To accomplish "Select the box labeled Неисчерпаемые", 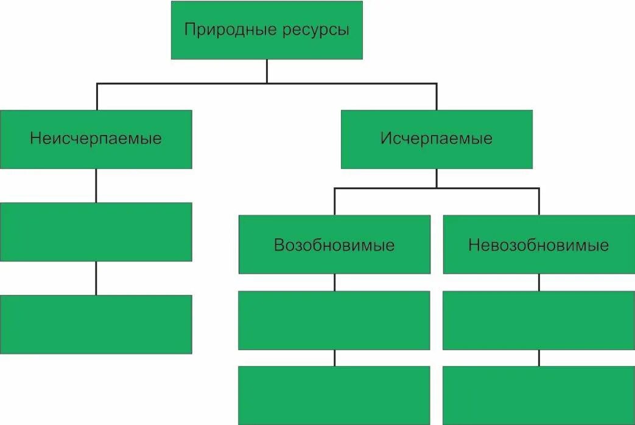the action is tap(96, 139).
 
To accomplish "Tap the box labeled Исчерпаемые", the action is tap(437, 139).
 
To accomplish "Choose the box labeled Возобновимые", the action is tap(334, 245).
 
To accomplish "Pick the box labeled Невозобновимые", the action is tap(539, 245).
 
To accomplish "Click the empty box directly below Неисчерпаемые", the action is tap(96, 232).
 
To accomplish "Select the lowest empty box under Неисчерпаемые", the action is tap(96, 324).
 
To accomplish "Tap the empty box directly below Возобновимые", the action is tap(334, 320).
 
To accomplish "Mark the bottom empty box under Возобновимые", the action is tap(334, 395).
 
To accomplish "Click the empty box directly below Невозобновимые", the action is tap(539, 320).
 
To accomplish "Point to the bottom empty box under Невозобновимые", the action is tap(539, 395).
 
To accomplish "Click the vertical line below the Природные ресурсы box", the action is tap(267, 71).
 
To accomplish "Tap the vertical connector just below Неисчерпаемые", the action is tap(96, 185).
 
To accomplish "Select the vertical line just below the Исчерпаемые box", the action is tap(437, 178).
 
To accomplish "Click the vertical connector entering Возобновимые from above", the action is tap(334, 202).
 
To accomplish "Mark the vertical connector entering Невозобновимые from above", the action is tap(539, 202).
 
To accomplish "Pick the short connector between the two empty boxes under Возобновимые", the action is tap(334, 358).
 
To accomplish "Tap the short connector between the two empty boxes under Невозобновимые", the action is tap(539, 358).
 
